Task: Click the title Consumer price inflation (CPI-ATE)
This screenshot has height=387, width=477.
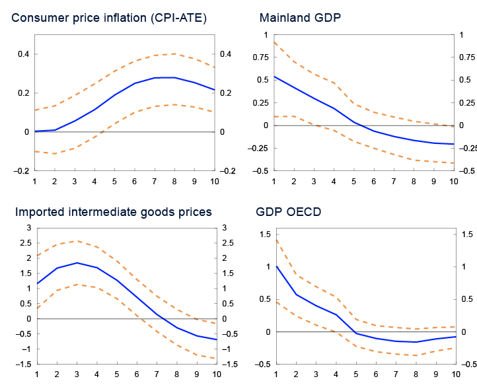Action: click(x=109, y=18)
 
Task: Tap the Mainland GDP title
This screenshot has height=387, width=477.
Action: click(x=301, y=18)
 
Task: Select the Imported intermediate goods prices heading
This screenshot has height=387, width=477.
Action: click(x=113, y=212)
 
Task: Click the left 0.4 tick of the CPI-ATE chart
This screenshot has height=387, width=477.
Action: click(x=23, y=54)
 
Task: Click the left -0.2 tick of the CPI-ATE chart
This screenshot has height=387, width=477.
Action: click(x=21, y=171)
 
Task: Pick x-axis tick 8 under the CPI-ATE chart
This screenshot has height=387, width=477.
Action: click(x=174, y=181)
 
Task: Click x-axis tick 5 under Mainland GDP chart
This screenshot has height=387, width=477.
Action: click(x=353, y=181)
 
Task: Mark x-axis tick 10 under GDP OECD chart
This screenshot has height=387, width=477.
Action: click(x=453, y=374)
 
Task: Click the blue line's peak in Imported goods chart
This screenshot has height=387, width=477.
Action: click(x=77, y=263)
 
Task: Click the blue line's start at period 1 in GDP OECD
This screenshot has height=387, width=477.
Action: click(x=275, y=266)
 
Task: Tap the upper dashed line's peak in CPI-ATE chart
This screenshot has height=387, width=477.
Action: click(x=174, y=53)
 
